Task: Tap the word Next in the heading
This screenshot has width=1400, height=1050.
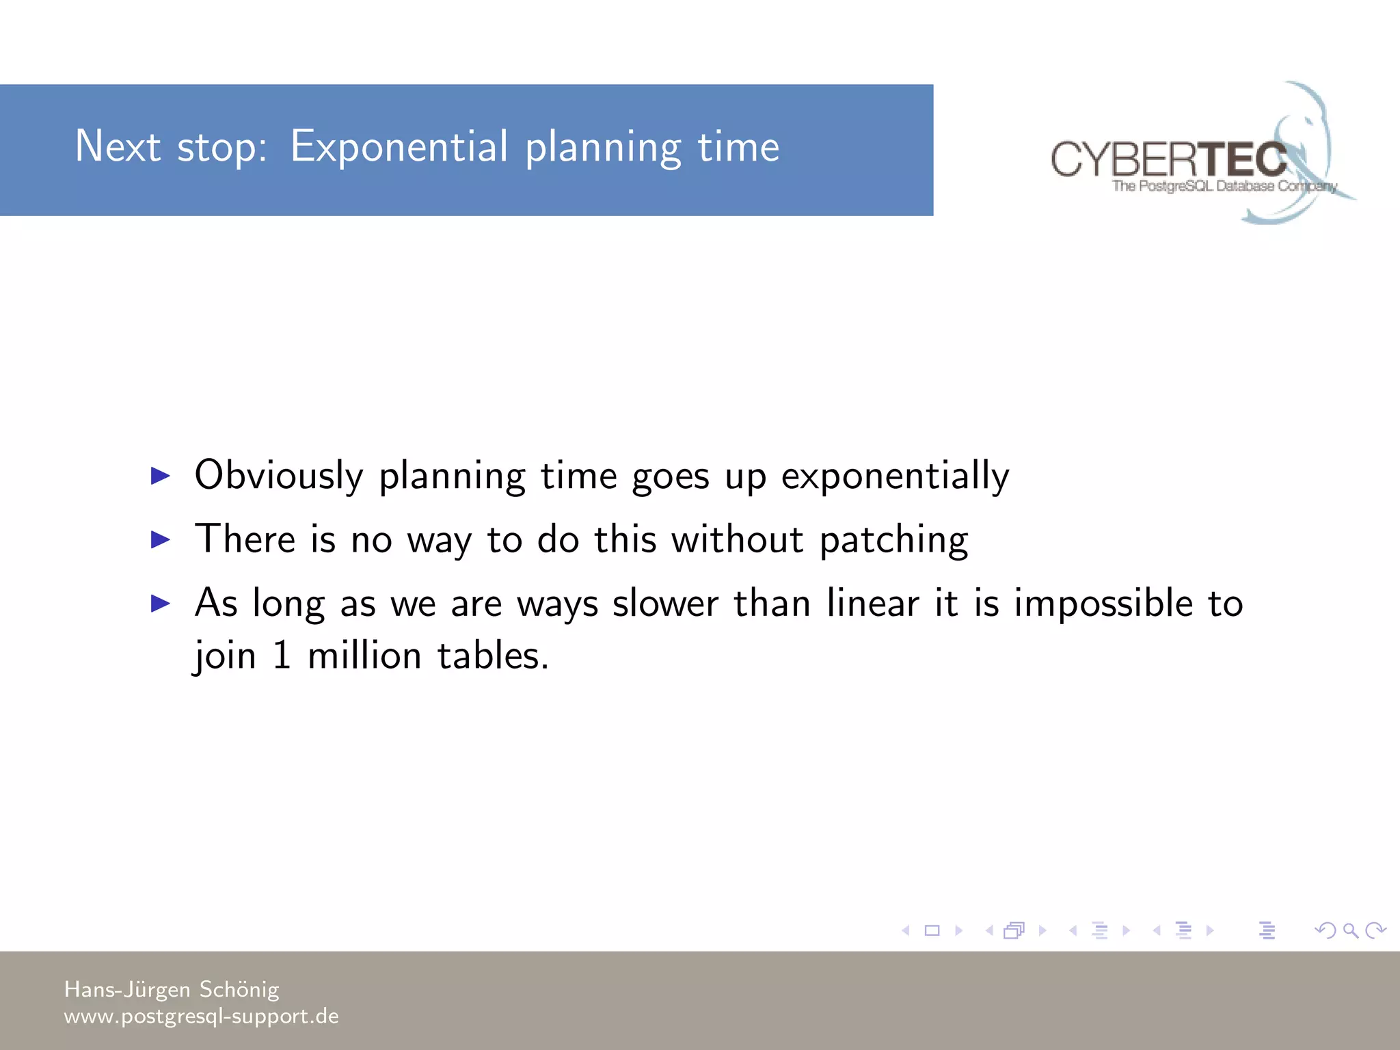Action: click(118, 146)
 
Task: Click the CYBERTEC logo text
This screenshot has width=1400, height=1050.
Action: click(1169, 159)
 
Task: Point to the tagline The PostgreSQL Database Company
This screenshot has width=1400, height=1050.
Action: click(1224, 186)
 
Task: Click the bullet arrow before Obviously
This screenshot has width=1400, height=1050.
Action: click(160, 475)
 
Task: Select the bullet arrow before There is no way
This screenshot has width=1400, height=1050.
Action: click(160, 539)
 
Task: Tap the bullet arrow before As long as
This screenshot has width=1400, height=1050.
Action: click(160, 603)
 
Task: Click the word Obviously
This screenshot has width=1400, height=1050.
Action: click(279, 475)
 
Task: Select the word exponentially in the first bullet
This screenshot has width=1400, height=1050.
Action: click(895, 476)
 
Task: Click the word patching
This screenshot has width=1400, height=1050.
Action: click(893, 541)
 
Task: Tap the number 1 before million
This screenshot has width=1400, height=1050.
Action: click(282, 656)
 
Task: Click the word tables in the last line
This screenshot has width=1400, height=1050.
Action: click(492, 656)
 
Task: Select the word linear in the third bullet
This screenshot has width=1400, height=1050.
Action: click(872, 604)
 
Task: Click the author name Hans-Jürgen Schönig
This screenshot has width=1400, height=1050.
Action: click(172, 989)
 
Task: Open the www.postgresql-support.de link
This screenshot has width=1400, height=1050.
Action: click(201, 1017)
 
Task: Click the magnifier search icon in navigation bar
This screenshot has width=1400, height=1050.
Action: click(1350, 930)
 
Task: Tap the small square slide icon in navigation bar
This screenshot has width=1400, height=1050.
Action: click(932, 930)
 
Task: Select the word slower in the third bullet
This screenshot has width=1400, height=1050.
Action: click(664, 604)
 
